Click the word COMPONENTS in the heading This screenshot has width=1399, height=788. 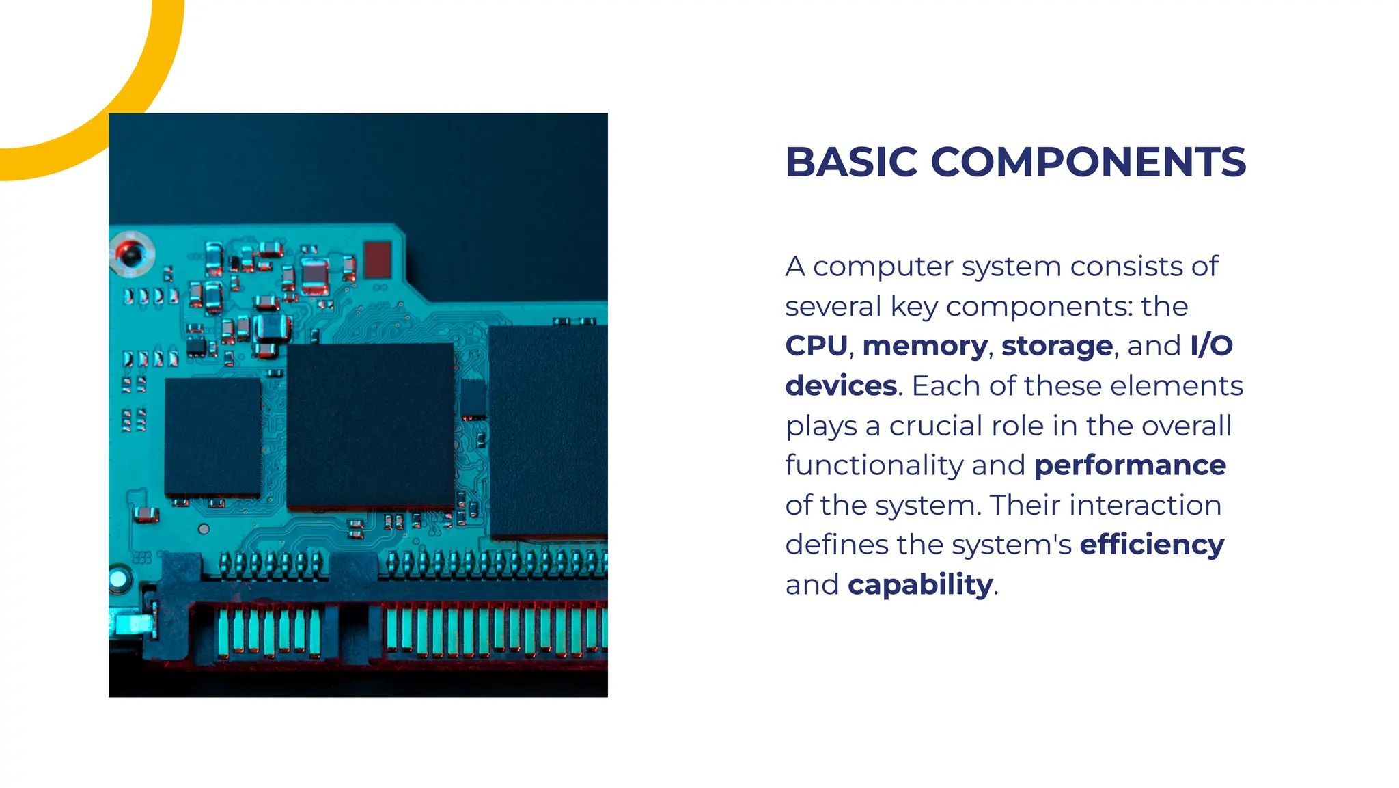click(x=1088, y=162)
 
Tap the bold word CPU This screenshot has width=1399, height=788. click(x=816, y=346)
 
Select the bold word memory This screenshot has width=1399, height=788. click(x=925, y=346)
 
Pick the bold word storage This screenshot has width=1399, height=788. click(x=1057, y=346)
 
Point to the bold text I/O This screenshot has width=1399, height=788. click(x=1211, y=346)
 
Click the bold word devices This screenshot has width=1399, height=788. click(x=841, y=385)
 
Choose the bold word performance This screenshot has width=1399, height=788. click(x=1130, y=465)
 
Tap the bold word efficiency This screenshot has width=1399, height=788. click(x=1152, y=545)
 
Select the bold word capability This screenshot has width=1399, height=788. click(x=920, y=585)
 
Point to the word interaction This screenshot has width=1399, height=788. click(x=1145, y=505)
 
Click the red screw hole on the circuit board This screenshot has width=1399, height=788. click(x=130, y=254)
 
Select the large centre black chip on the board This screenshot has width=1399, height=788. click(x=370, y=425)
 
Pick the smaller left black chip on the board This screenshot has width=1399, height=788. click(x=213, y=436)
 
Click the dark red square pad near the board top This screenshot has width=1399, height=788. click(x=378, y=260)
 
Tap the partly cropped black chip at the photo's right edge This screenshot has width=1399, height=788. click(x=549, y=431)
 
